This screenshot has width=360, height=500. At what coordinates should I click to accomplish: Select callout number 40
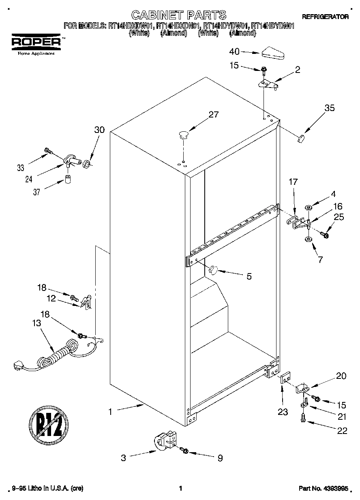(234, 51)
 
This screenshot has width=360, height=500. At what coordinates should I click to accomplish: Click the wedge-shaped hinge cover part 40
(274, 52)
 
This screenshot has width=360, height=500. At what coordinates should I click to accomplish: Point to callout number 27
(214, 115)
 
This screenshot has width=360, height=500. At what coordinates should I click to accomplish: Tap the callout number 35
(330, 108)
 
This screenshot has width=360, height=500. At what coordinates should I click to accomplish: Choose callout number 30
(99, 130)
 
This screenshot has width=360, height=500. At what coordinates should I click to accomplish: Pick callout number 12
(51, 299)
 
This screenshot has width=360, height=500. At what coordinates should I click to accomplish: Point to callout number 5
(249, 276)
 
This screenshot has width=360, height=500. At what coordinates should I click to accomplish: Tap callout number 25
(339, 218)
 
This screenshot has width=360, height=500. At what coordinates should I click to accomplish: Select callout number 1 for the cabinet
(109, 412)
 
